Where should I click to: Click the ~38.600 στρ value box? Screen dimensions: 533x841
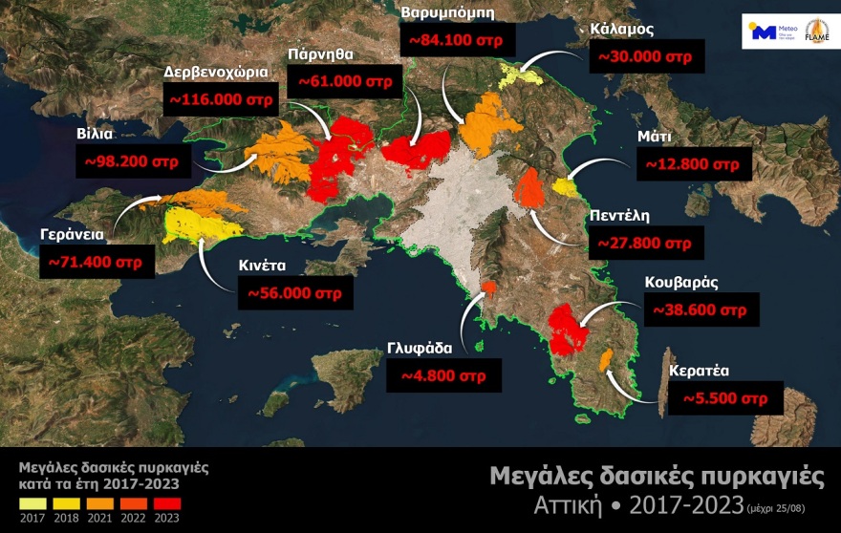point(702,310)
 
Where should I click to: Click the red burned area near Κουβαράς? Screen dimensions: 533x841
point(569,329)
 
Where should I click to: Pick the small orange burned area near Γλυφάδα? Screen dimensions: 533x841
point(488,287)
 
